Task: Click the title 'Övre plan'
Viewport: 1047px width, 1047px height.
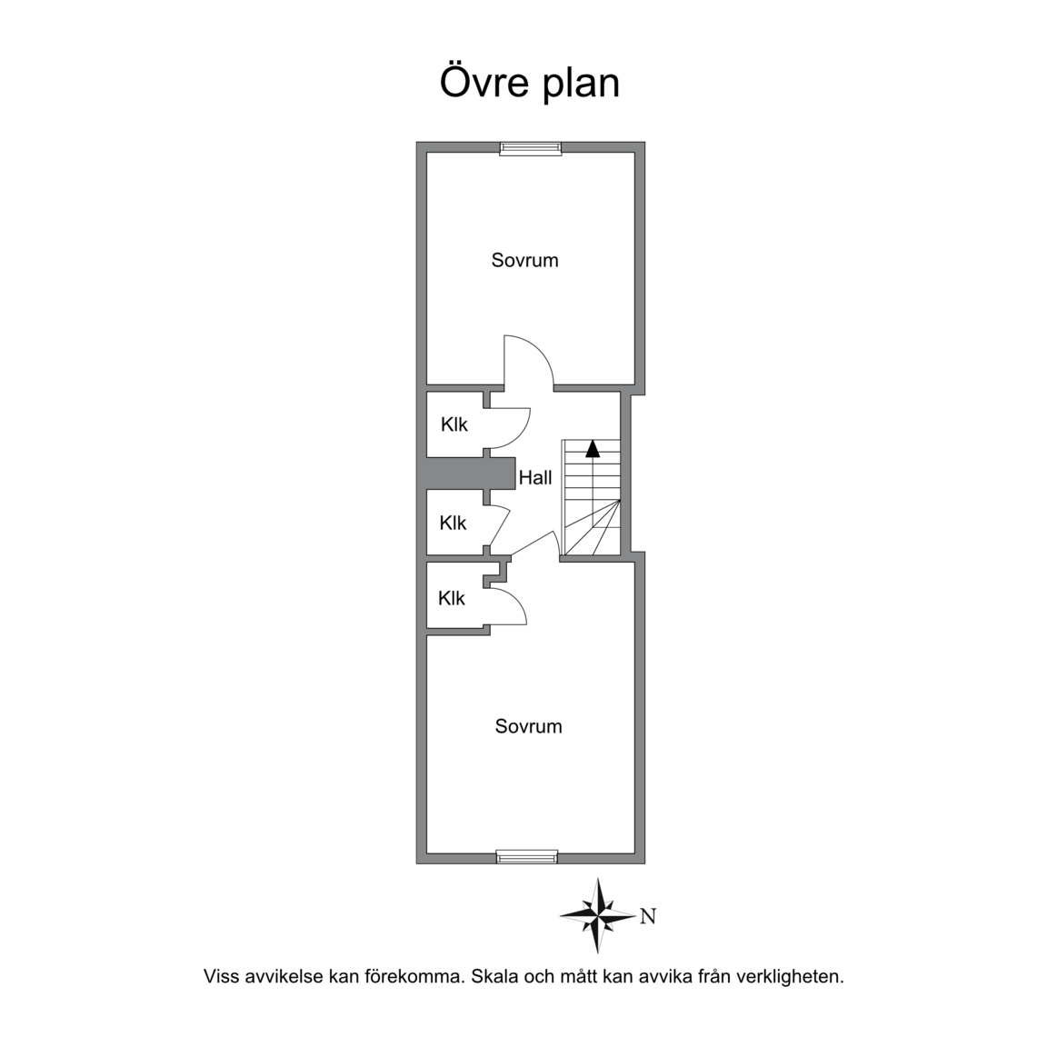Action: (x=530, y=82)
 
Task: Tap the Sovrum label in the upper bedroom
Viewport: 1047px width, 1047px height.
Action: (x=524, y=260)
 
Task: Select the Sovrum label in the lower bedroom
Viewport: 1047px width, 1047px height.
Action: (x=528, y=726)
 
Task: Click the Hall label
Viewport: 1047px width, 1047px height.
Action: (x=535, y=477)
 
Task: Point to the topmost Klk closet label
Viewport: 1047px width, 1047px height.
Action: (x=454, y=424)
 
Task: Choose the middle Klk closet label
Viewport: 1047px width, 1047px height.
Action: (x=453, y=523)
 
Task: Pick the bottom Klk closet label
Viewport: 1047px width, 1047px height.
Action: (x=452, y=598)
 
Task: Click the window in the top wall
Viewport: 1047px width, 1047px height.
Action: (x=531, y=148)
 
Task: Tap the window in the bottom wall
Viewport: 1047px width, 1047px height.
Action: (x=527, y=857)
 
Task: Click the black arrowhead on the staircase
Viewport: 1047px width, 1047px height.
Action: (x=593, y=448)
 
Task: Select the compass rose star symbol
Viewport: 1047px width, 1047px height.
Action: (x=598, y=915)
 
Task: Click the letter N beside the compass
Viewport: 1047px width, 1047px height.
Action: (x=648, y=916)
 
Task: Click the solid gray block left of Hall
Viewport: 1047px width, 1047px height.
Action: (x=471, y=474)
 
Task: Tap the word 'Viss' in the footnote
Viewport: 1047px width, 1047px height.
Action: (x=221, y=976)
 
